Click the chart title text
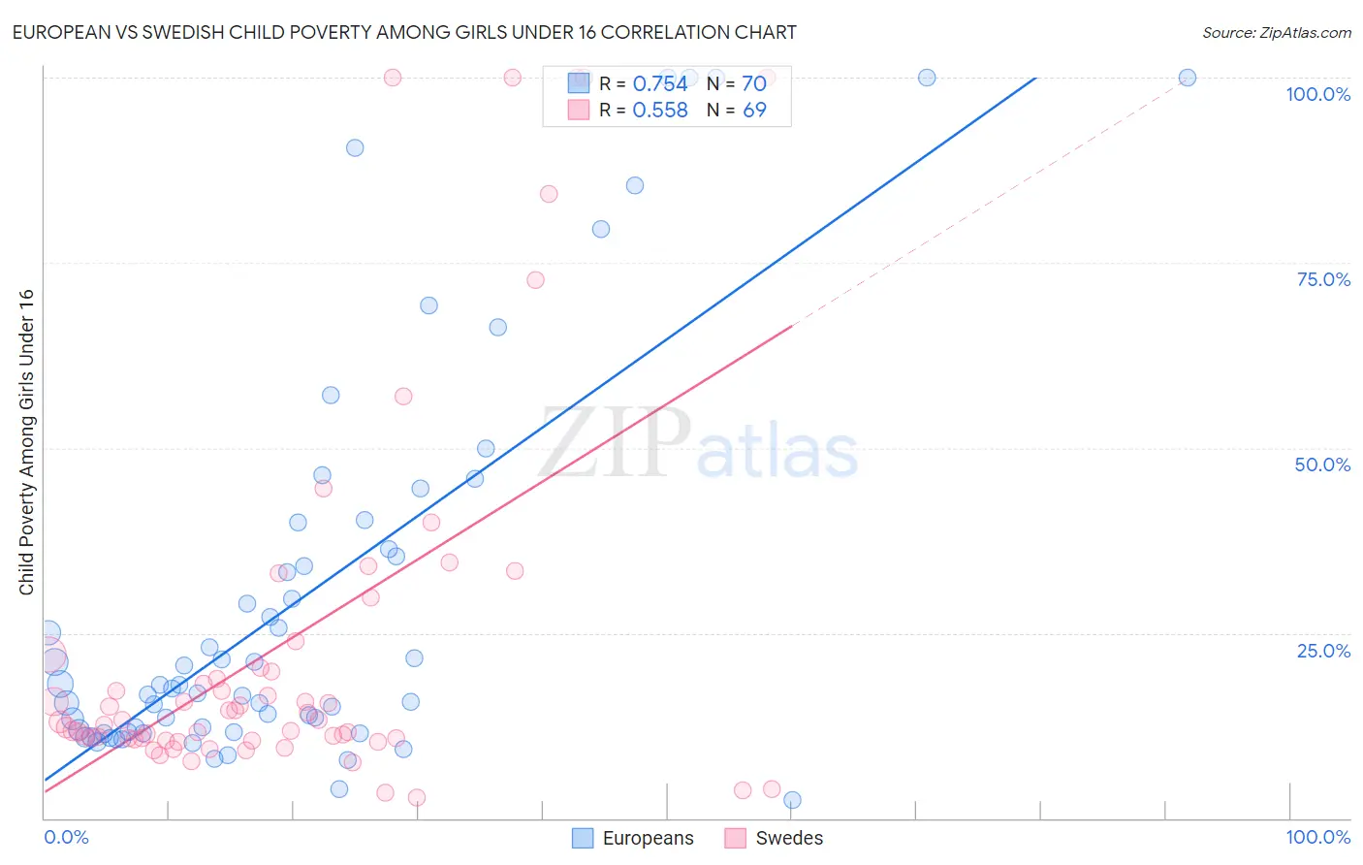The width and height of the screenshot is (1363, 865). tap(404, 32)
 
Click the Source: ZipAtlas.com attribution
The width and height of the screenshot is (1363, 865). tap(1276, 32)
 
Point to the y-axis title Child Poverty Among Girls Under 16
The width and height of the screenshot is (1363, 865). tap(26, 442)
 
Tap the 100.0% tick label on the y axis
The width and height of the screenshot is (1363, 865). tap(1317, 94)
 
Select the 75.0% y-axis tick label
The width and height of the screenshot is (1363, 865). tap(1323, 279)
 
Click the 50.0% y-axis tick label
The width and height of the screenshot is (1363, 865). tap(1322, 465)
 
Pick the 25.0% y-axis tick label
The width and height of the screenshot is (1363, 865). tap(1323, 651)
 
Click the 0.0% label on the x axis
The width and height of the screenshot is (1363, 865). tap(66, 837)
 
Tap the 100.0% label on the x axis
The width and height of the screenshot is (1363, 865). tap(1317, 837)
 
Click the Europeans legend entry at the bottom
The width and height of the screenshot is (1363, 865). tap(633, 838)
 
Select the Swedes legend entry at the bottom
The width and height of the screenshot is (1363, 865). tap(774, 838)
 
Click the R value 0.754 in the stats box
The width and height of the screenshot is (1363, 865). tap(659, 84)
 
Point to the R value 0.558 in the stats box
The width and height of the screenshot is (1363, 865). tap(659, 111)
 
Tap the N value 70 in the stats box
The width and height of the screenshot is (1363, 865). tap(753, 84)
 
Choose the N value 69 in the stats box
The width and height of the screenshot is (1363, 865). tap(753, 111)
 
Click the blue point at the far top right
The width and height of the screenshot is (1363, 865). tap(1187, 78)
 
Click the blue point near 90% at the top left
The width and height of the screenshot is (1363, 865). tap(355, 147)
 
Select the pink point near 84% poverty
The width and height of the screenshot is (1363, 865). tap(549, 194)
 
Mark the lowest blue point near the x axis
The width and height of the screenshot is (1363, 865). tap(792, 800)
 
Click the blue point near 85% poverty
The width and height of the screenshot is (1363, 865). tap(635, 185)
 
